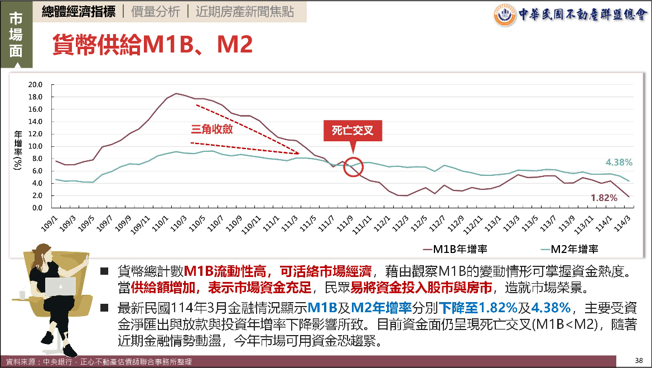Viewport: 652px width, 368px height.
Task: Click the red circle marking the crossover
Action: point(353,166)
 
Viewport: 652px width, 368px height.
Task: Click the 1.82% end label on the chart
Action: point(603,197)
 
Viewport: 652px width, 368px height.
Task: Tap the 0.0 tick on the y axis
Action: point(37,208)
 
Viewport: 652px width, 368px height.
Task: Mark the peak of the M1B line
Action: point(176,93)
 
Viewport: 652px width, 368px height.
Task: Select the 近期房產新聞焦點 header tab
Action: point(244,11)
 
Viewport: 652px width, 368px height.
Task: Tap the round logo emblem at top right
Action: point(505,15)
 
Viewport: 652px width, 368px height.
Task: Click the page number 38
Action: point(639,359)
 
